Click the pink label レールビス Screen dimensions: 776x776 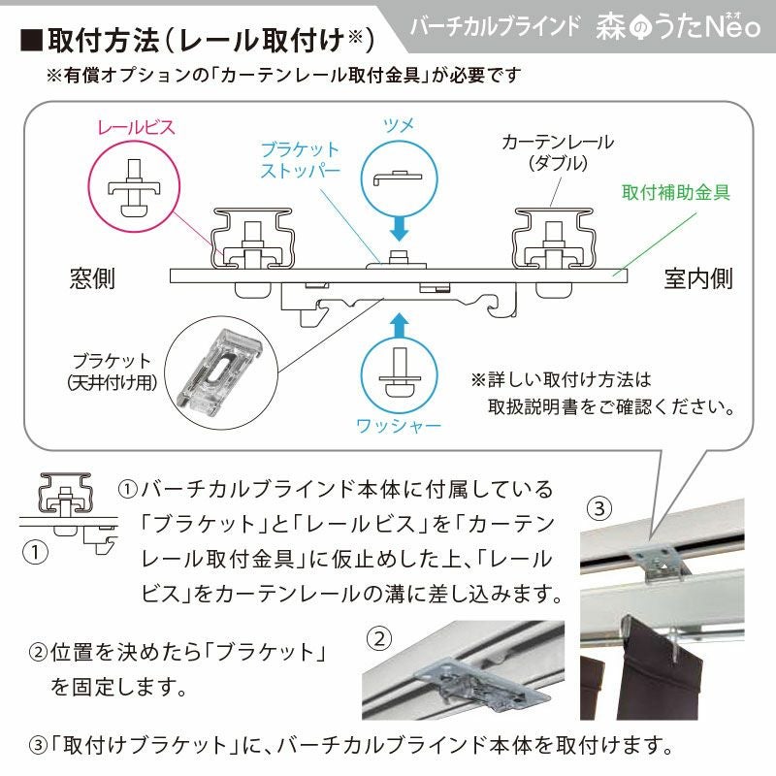click(136, 127)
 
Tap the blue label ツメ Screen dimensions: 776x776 click(399, 126)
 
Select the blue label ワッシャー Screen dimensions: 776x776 click(399, 426)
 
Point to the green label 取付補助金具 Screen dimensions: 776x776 click(675, 192)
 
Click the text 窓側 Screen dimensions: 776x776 click(92, 278)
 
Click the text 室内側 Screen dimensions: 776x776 click(697, 278)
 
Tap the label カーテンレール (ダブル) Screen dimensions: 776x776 click(558, 152)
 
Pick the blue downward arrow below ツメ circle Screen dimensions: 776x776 click(399, 229)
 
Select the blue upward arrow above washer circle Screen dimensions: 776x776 click(399, 325)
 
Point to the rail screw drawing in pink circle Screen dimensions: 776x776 click(134, 187)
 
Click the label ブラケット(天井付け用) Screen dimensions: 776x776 click(112, 372)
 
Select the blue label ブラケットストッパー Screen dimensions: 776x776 click(301, 159)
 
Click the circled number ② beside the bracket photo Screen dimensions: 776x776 click(379, 639)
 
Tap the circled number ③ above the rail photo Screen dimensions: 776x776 click(599, 508)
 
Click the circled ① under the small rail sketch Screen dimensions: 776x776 click(35, 552)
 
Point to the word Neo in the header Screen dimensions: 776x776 click(732, 26)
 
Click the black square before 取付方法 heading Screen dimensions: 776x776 click(31, 41)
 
